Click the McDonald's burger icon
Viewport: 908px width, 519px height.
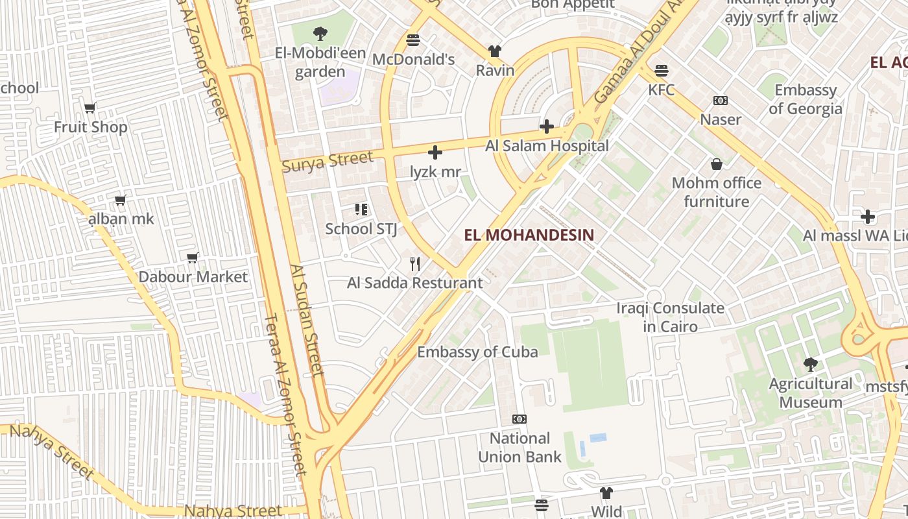tap(413, 40)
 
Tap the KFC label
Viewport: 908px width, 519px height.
tap(661, 90)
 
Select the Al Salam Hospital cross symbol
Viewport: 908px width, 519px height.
tap(547, 126)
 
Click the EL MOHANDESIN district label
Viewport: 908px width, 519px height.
tap(529, 235)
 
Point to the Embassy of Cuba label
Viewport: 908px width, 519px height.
tap(477, 352)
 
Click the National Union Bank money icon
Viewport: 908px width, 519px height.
tap(520, 419)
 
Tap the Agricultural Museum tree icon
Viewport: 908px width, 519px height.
tap(810, 364)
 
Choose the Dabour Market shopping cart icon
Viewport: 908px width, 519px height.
tap(193, 258)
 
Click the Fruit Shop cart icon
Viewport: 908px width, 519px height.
tap(90, 108)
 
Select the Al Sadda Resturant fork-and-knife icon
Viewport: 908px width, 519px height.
tap(415, 264)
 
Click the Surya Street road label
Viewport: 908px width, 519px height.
tap(328, 161)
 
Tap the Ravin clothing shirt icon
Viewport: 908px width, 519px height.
tap(495, 51)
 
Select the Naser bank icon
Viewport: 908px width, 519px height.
tap(720, 101)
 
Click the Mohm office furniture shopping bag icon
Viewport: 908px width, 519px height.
tap(717, 164)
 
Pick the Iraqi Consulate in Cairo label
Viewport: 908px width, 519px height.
tap(670, 317)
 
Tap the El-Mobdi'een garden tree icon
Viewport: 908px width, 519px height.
tap(320, 34)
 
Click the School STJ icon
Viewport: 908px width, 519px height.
tap(361, 210)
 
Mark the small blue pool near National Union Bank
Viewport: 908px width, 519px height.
tap(598, 438)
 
